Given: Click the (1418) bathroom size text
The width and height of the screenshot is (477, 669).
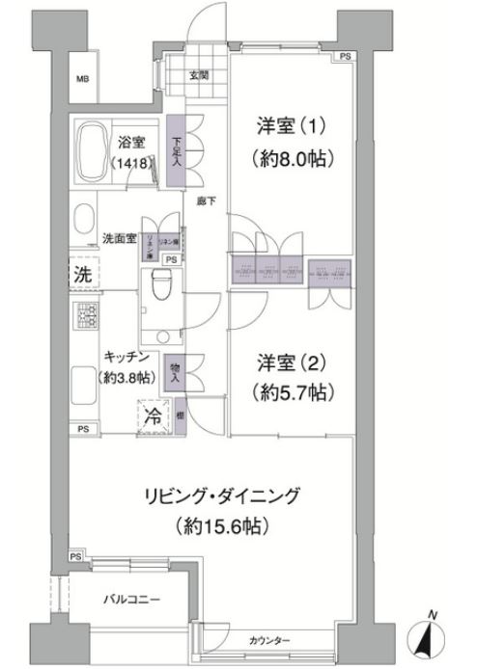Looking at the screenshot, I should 130,163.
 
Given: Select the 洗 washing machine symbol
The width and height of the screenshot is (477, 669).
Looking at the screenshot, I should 85,273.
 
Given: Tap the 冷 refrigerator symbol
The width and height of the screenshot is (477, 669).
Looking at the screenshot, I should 153,417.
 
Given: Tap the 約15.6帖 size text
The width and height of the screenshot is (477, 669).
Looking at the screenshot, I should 222,527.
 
